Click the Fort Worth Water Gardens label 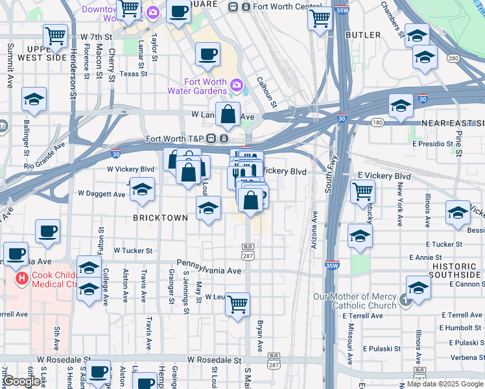point(206,86)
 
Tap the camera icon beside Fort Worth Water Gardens point(236,84)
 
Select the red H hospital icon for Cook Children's point(21,279)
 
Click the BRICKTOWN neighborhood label point(161,218)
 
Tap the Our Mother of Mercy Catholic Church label point(355,301)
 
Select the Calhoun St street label point(266,94)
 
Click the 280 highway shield point(453,59)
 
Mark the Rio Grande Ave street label point(45,156)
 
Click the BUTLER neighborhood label point(363,34)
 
